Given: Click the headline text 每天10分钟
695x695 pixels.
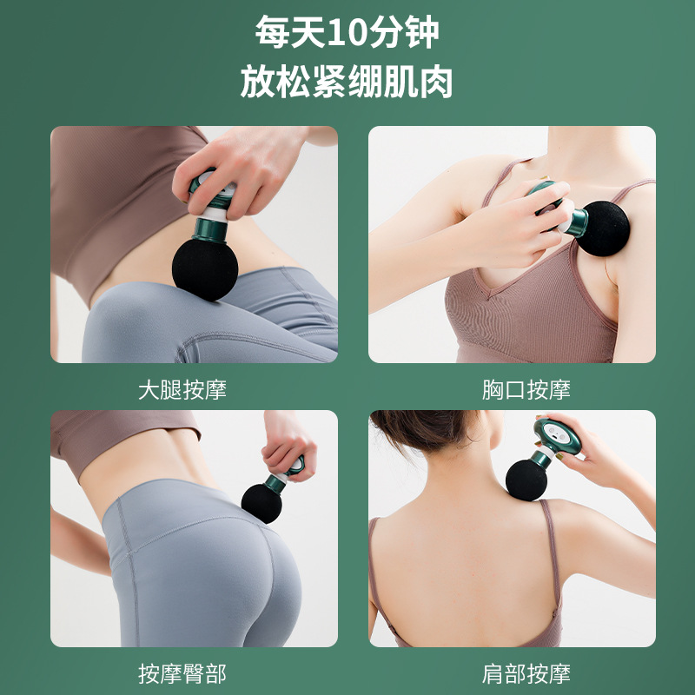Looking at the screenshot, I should coord(347,33).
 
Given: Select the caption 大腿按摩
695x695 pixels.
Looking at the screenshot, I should coord(182,390).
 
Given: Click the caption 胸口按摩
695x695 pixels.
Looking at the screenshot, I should coord(526,390).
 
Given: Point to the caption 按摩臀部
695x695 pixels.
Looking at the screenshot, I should coord(182,673).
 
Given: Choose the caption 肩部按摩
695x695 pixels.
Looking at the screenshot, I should coord(526,673).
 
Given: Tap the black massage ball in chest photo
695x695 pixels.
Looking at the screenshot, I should coord(605,228).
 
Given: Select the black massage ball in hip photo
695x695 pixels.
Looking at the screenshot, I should coord(261,502).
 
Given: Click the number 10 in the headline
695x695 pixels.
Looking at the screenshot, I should coord(325,33).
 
